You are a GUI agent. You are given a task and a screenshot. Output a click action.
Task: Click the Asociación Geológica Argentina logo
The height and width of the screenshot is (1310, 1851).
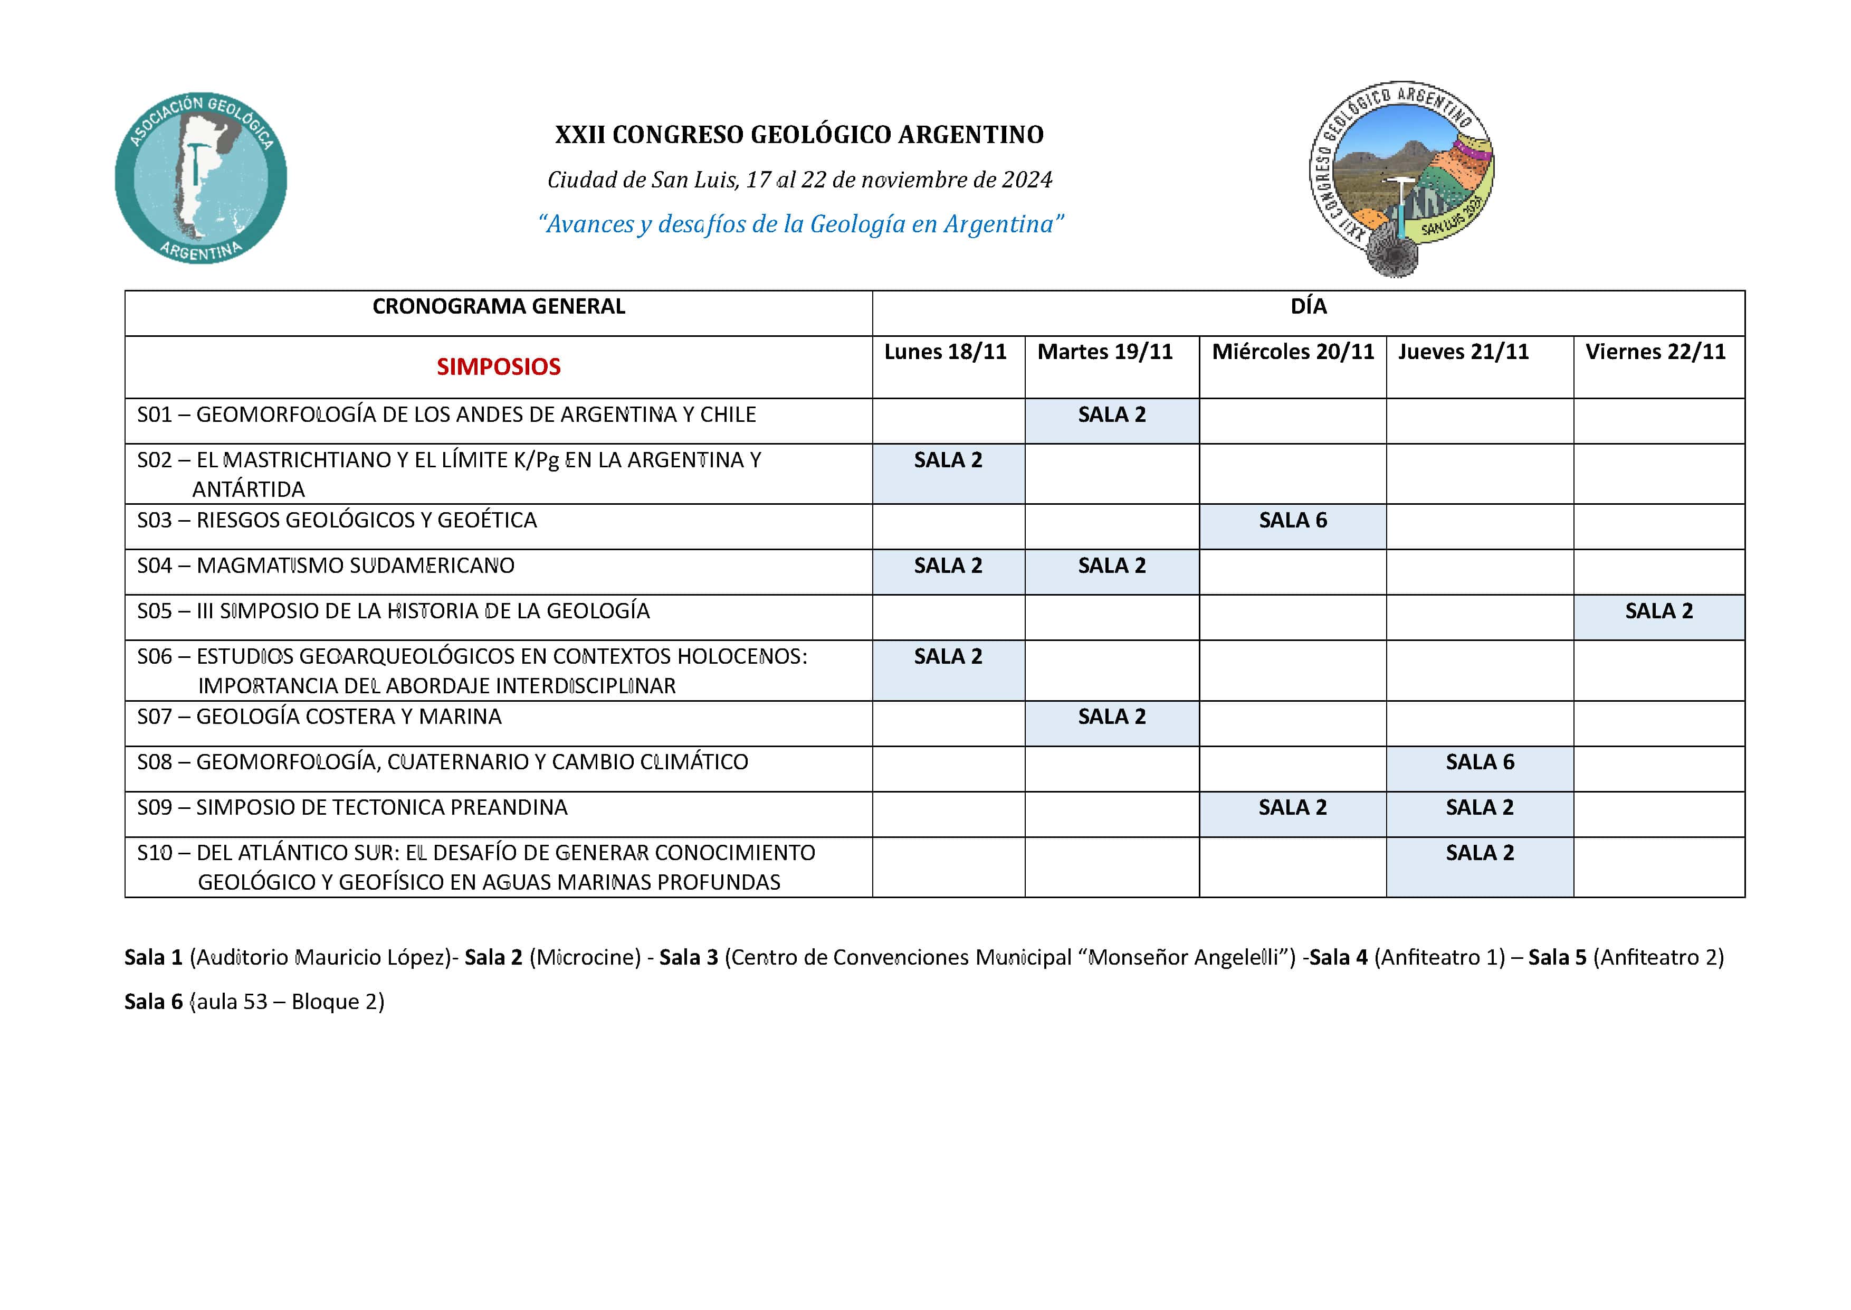tap(201, 177)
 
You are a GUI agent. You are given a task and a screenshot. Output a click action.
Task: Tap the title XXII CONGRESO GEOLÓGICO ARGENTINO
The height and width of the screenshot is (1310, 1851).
tap(799, 135)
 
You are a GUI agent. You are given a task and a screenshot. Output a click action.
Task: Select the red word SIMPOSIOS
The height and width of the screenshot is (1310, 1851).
tap(498, 367)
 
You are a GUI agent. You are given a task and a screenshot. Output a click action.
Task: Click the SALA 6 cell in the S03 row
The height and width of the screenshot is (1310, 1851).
tap(1292, 520)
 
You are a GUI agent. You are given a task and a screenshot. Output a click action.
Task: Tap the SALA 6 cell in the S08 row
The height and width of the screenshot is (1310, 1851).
tap(1480, 762)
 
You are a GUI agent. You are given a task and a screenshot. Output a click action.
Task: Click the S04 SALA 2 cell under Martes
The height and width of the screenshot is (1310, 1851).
tap(1112, 566)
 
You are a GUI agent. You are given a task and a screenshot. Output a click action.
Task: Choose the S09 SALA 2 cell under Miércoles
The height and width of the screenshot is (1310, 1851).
tap(1292, 807)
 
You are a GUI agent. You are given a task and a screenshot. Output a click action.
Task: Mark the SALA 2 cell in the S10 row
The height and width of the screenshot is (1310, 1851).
tap(1480, 853)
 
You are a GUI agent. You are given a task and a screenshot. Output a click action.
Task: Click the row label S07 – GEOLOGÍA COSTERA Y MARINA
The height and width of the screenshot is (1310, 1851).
tap(319, 717)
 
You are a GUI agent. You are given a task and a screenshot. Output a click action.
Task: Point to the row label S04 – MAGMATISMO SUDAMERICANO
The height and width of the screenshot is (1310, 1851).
tap(326, 566)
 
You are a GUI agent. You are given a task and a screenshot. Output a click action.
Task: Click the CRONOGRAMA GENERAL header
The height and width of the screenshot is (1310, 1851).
tap(498, 307)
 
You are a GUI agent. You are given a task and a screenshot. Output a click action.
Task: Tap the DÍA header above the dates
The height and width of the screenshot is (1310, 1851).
tap(1308, 307)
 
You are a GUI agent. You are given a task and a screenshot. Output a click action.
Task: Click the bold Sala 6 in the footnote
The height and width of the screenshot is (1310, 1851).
tap(153, 1002)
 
